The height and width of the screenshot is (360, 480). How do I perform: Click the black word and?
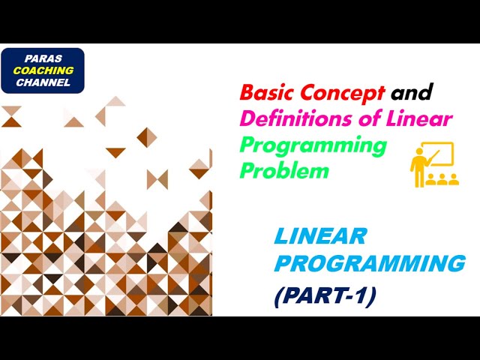[412, 94]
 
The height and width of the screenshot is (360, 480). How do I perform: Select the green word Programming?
[313, 145]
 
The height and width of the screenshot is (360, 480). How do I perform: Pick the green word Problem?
[284, 170]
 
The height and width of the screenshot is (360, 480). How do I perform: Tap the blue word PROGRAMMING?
[369, 264]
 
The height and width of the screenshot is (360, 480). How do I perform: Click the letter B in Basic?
[247, 94]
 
